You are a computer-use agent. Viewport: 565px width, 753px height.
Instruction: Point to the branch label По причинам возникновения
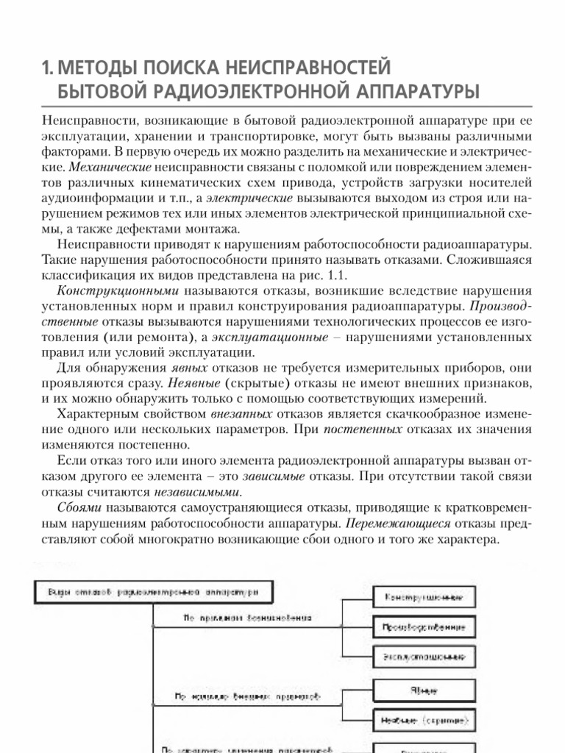(247, 619)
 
